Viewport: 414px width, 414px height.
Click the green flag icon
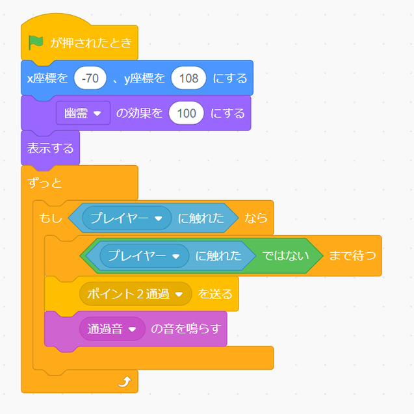click(36, 42)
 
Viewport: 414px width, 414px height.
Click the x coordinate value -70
click(90, 78)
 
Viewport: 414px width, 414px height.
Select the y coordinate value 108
click(188, 78)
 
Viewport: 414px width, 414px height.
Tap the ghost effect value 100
click(187, 113)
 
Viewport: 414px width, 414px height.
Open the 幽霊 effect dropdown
click(83, 113)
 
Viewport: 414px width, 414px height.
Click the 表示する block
click(50, 148)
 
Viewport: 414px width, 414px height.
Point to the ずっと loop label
click(45, 183)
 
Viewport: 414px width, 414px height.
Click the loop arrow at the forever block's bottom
click(125, 382)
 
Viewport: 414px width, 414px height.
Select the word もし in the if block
click(50, 218)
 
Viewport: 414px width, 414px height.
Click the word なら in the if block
click(256, 218)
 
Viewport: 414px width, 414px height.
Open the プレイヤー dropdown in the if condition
click(127, 218)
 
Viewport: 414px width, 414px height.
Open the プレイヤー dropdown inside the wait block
click(144, 256)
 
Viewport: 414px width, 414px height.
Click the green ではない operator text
click(285, 256)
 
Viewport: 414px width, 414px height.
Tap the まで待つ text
click(352, 256)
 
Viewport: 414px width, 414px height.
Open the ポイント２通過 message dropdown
click(135, 294)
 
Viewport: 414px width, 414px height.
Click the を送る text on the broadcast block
click(215, 294)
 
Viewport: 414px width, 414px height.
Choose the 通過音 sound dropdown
click(112, 329)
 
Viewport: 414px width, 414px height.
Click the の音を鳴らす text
click(186, 329)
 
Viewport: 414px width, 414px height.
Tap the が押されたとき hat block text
click(91, 42)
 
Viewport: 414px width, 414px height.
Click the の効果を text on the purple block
click(139, 113)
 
